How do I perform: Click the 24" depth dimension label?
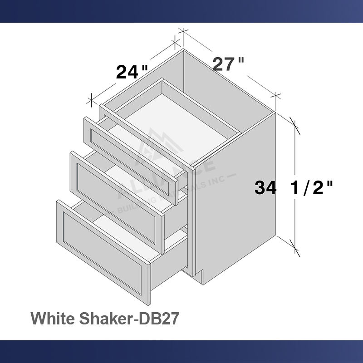(x=132, y=72)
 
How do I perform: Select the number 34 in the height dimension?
(x=265, y=187)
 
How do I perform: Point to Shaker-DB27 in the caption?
(x=132, y=318)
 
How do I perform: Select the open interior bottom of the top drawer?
(x=181, y=116)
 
